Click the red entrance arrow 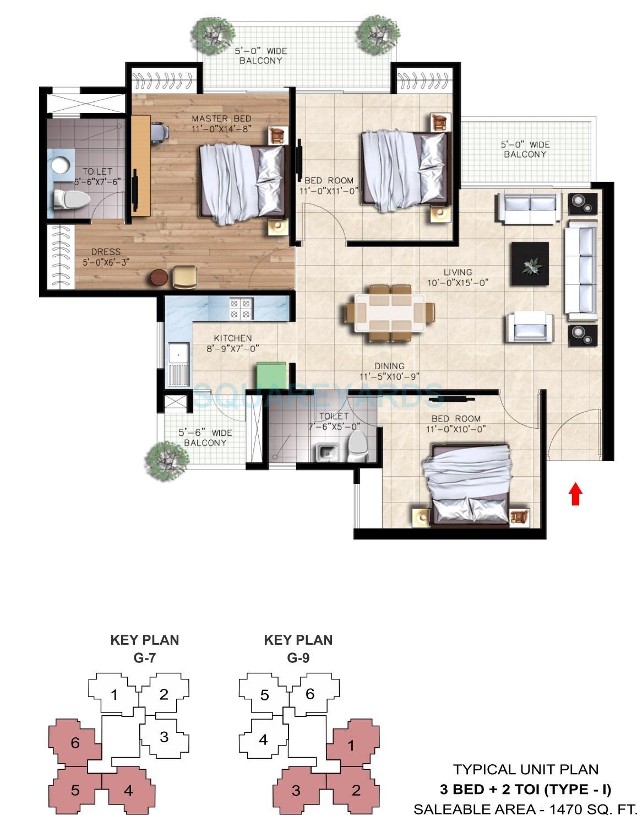(x=575, y=494)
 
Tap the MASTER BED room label (x=221, y=123)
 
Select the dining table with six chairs (x=390, y=312)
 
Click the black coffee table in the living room (x=529, y=264)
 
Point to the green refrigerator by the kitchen (x=271, y=376)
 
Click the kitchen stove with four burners (x=241, y=309)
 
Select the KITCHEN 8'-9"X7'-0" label (x=232, y=343)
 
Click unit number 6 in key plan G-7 (x=75, y=743)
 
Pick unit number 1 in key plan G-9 (x=351, y=746)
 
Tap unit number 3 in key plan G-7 (x=164, y=737)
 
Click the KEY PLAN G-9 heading (x=298, y=648)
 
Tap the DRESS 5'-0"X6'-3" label (x=106, y=257)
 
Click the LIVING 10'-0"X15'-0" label (x=458, y=277)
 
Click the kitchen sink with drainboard (x=179, y=364)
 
